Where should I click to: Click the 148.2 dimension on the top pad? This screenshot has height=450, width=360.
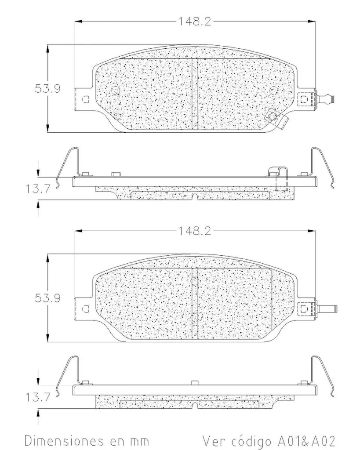tap(195, 21)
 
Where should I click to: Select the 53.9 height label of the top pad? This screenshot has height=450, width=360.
tap(47, 88)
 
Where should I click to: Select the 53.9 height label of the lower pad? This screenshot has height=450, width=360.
tap(47, 298)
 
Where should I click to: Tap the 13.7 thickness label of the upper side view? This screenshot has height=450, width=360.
tap(38, 189)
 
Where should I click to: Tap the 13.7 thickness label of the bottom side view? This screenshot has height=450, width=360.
tap(38, 397)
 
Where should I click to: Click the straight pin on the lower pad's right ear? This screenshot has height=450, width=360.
tap(327, 309)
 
